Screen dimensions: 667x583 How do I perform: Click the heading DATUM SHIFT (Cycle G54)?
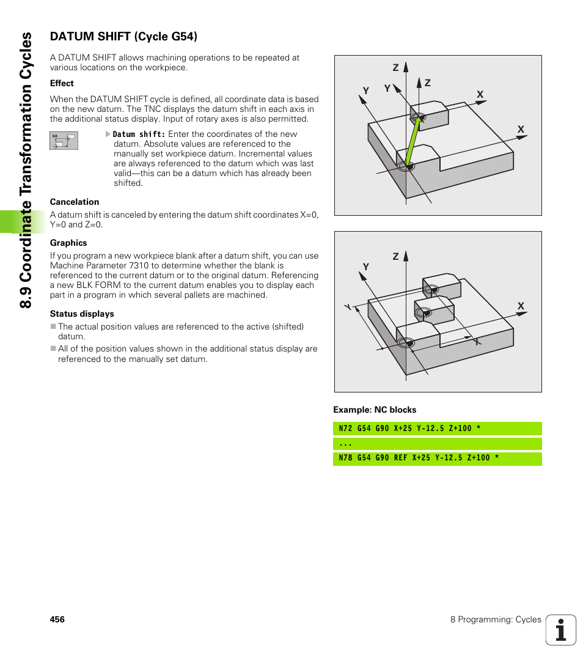point(123,37)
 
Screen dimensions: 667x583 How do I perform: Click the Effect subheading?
point(62,83)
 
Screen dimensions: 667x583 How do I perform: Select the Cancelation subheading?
point(74,202)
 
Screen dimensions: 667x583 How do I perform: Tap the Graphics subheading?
point(68,243)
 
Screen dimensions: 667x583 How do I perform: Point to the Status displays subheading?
point(82,314)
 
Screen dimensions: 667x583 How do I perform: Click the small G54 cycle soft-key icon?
point(64,141)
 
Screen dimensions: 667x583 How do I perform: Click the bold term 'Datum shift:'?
point(139,135)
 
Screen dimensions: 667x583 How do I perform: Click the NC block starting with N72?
point(437,429)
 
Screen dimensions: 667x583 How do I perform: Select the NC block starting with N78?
point(437,458)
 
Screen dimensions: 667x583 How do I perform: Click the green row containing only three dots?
point(437,443)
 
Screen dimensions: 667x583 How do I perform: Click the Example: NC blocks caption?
point(374,410)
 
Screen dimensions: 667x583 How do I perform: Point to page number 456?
point(57,619)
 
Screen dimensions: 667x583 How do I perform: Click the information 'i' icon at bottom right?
point(560,630)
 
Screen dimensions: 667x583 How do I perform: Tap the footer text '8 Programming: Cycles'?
point(496,619)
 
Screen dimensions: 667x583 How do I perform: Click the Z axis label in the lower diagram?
point(395,257)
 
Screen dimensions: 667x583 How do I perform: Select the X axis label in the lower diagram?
point(521,306)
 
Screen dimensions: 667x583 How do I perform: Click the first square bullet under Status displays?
point(53,327)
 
